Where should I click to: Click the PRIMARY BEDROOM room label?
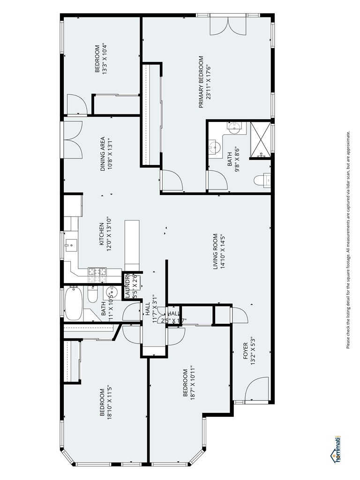pyautogui.click(x=201, y=82)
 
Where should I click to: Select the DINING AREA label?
pyautogui.click(x=103, y=154)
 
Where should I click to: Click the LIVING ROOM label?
pyautogui.click(x=216, y=251)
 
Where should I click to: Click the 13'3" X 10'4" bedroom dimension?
pyautogui.click(x=105, y=59)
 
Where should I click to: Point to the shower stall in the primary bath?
pyautogui.click(x=261, y=140)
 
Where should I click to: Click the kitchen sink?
pyautogui.click(x=72, y=244)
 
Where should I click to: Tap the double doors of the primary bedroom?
pyautogui.click(x=227, y=26)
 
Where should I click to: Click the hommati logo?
pyautogui.click(x=336, y=450)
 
